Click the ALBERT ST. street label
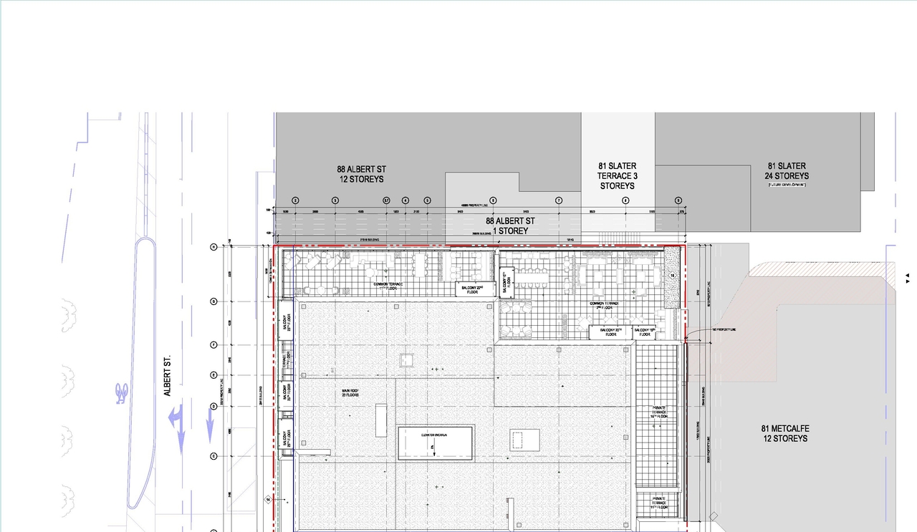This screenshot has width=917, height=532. pyautogui.click(x=167, y=378)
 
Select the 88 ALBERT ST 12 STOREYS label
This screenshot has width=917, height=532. pyautogui.click(x=361, y=174)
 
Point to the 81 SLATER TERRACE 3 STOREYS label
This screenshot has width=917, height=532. pyautogui.click(x=617, y=176)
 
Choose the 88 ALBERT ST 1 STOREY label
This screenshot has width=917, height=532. pyautogui.click(x=512, y=226)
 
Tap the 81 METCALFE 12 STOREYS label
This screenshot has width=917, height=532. pyautogui.click(x=784, y=433)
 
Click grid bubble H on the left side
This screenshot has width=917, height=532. pyautogui.click(x=213, y=247)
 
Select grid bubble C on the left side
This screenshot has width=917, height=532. pyautogui.click(x=213, y=456)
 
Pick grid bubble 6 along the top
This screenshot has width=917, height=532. pyautogui.click(x=493, y=200)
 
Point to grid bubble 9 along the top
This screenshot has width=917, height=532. pyautogui.click(x=678, y=200)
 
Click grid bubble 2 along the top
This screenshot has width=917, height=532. pyautogui.click(x=295, y=200)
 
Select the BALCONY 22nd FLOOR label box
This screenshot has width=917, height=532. pyautogui.click(x=473, y=289)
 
